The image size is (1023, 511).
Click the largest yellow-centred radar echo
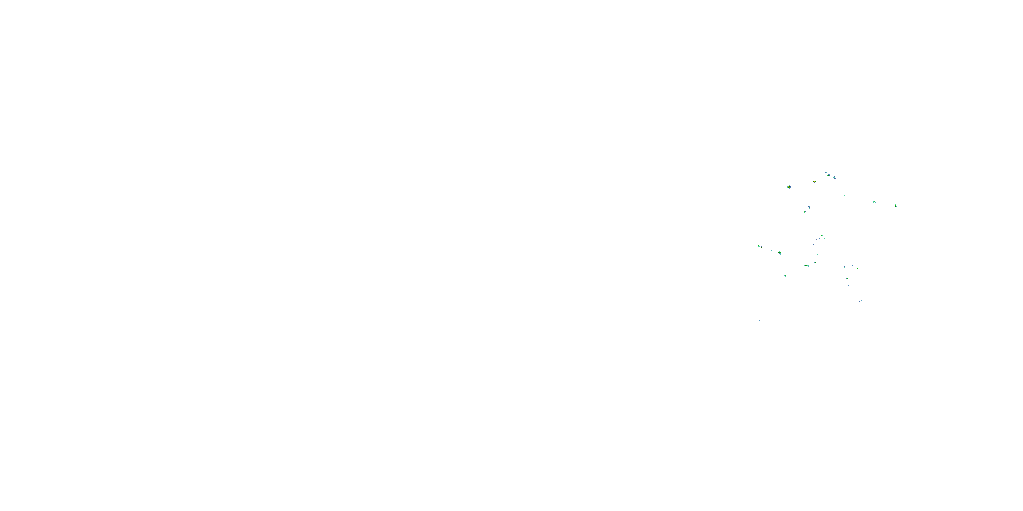pyautogui.click(x=789, y=187)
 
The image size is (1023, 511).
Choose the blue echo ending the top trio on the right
pyautogui.click(x=834, y=177)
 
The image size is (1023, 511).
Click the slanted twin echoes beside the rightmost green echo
pyautogui.click(x=874, y=202)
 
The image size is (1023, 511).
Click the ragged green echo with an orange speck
pyautogui.click(x=780, y=253)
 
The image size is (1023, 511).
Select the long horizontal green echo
pyautogui.click(x=806, y=266)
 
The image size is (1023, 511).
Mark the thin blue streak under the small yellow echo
pyautogui.click(x=818, y=239)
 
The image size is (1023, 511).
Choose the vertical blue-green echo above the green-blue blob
pyautogui.click(x=809, y=207)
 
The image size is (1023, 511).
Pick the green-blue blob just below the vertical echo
pyautogui.click(x=805, y=212)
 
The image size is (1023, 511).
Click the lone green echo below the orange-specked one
pyautogui.click(x=785, y=275)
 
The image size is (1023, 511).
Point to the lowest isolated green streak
pyautogui.click(x=861, y=301)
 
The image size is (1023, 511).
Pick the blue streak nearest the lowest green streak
pyautogui.click(x=849, y=285)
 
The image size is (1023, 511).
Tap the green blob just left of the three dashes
pyautogui.click(x=845, y=267)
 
